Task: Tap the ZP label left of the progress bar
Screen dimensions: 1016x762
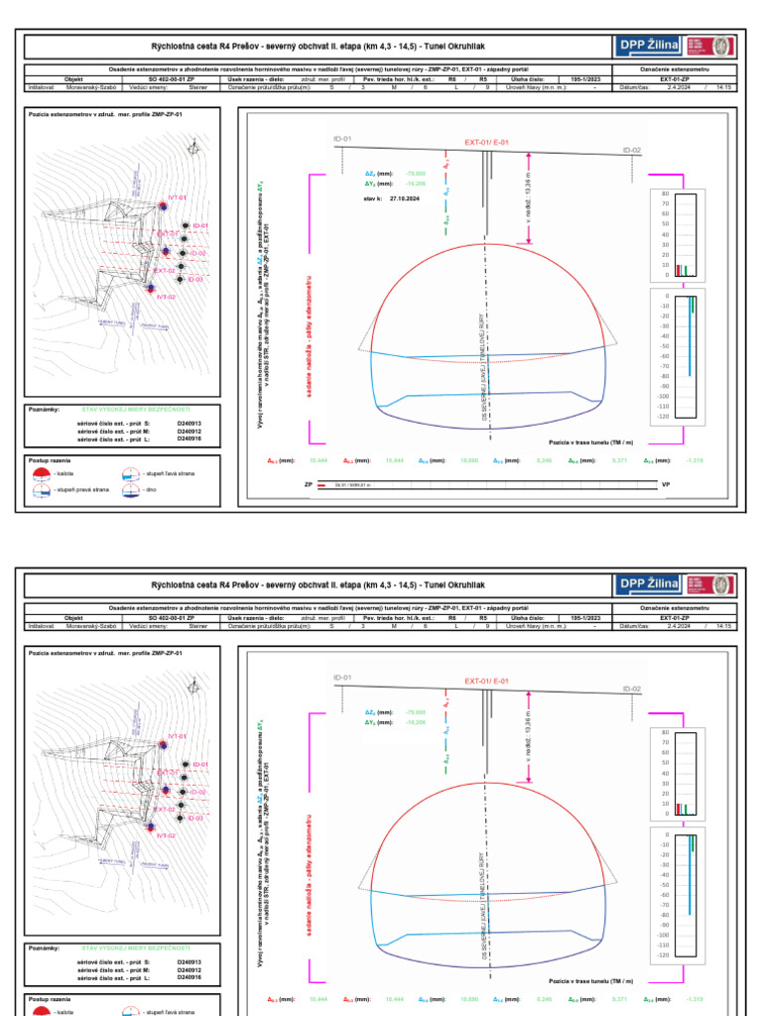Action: point(309,485)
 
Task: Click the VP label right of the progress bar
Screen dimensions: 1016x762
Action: point(666,485)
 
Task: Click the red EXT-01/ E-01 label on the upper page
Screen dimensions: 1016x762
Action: point(486,143)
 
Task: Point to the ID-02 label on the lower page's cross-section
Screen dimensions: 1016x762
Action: point(632,689)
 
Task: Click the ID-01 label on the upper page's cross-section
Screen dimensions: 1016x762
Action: point(343,138)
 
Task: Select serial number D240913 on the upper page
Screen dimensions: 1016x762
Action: point(189,423)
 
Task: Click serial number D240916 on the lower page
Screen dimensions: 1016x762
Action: point(189,977)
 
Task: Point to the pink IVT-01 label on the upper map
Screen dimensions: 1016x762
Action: point(177,197)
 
